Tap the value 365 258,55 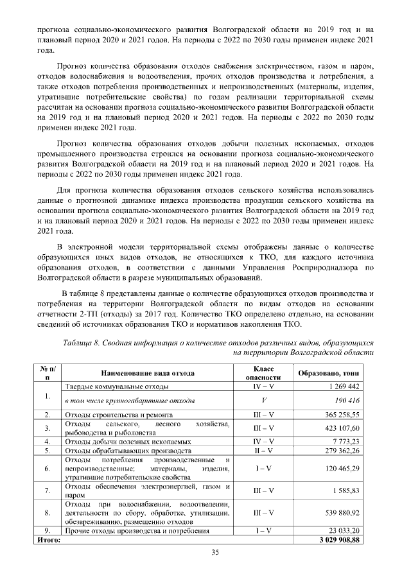[341, 415]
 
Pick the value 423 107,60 [341, 428]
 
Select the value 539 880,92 [341, 513]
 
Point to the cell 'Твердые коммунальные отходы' [117, 387]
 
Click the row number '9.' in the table [48, 531]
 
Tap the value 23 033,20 [344, 531]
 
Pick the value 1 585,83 [345, 491]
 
